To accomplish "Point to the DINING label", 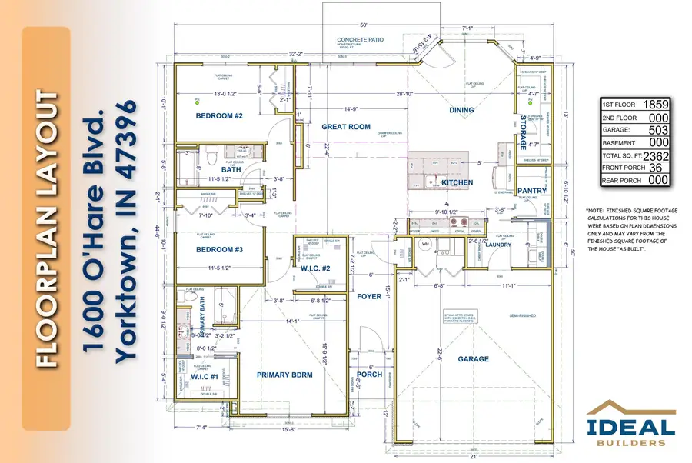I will pyautogui.click(x=461, y=110).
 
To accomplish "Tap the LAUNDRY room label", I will pyautogui.click(x=531, y=245).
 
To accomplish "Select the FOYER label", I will pyautogui.click(x=369, y=296).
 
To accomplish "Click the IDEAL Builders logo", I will pyautogui.click(x=631, y=425).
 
